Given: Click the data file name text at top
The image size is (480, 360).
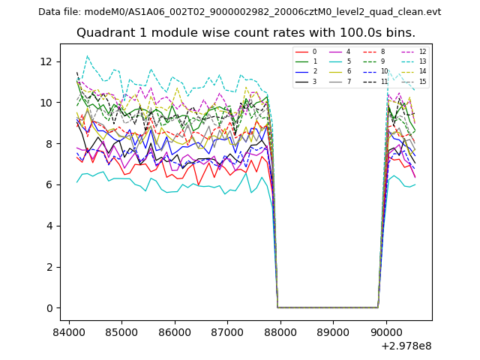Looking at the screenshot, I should point(239,12).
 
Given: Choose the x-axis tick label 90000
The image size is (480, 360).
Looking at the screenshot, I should point(386,331).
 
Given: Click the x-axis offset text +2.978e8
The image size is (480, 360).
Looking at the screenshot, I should point(406,346).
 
